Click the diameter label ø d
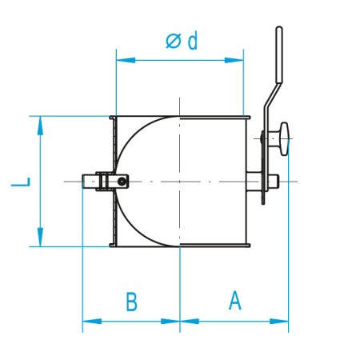click(x=181, y=42)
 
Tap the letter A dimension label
click(x=234, y=301)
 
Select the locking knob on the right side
click(x=281, y=139)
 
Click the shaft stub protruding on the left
click(x=87, y=182)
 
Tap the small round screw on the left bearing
click(x=121, y=182)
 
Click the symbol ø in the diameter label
click(x=173, y=42)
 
